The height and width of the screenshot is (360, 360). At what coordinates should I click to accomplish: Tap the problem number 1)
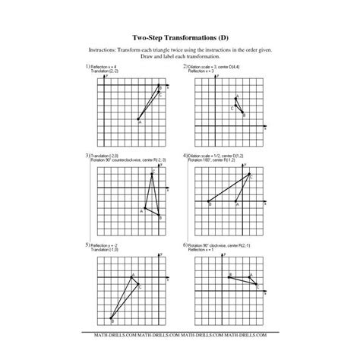coord(88,67)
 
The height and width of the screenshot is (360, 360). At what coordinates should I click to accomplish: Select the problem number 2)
coord(185,67)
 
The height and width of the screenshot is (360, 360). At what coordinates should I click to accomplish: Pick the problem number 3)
coord(88,155)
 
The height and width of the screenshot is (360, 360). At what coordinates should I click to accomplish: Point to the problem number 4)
coord(185,155)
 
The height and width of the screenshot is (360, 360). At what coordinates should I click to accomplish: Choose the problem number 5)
coord(88,245)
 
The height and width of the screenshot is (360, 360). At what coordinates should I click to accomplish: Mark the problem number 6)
coord(185,245)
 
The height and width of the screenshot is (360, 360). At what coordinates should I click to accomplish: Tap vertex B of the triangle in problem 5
coord(112,319)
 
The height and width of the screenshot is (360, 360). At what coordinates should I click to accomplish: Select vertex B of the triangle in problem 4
coord(208,202)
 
